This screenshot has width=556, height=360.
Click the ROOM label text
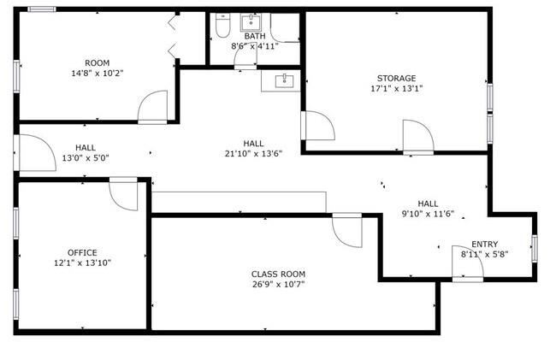(x=98, y=63)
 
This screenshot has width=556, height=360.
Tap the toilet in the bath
(x=222, y=26)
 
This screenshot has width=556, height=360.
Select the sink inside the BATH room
(x=251, y=22)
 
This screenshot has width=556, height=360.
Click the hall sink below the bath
(x=284, y=81)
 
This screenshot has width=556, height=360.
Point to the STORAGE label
(x=396, y=79)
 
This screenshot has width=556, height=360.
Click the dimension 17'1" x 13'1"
(x=397, y=89)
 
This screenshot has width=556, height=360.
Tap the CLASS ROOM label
(x=278, y=274)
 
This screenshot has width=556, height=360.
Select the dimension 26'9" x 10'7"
(x=278, y=284)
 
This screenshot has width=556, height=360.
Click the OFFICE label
(x=82, y=252)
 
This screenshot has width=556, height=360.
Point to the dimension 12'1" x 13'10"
(x=83, y=263)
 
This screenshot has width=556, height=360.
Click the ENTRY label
(x=485, y=245)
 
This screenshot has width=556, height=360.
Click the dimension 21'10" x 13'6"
(x=253, y=154)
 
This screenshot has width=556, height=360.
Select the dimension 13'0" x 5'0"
(x=86, y=158)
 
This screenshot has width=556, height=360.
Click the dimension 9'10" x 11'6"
(x=428, y=214)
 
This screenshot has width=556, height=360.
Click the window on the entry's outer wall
(x=535, y=248)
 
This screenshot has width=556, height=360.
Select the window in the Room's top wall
(x=42, y=9)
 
